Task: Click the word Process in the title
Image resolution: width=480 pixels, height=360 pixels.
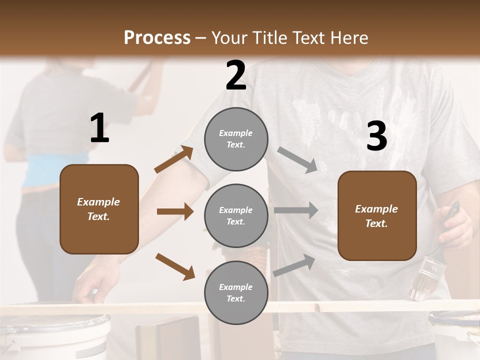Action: [x=157, y=38]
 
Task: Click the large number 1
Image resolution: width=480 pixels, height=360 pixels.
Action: [x=99, y=128]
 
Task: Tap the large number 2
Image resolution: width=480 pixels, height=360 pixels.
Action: [x=236, y=75]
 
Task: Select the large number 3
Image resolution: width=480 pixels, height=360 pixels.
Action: [x=376, y=136]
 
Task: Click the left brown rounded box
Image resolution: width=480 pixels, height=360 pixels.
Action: [x=99, y=209]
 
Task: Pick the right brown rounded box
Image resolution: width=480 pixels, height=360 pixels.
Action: [x=377, y=216]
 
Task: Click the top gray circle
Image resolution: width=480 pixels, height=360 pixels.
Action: [x=236, y=139]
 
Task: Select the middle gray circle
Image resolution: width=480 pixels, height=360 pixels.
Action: [x=236, y=216]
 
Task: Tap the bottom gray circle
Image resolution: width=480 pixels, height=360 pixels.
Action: [x=236, y=293]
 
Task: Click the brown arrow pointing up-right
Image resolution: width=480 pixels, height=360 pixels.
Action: [x=174, y=160]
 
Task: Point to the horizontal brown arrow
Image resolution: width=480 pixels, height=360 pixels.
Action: [x=175, y=211]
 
